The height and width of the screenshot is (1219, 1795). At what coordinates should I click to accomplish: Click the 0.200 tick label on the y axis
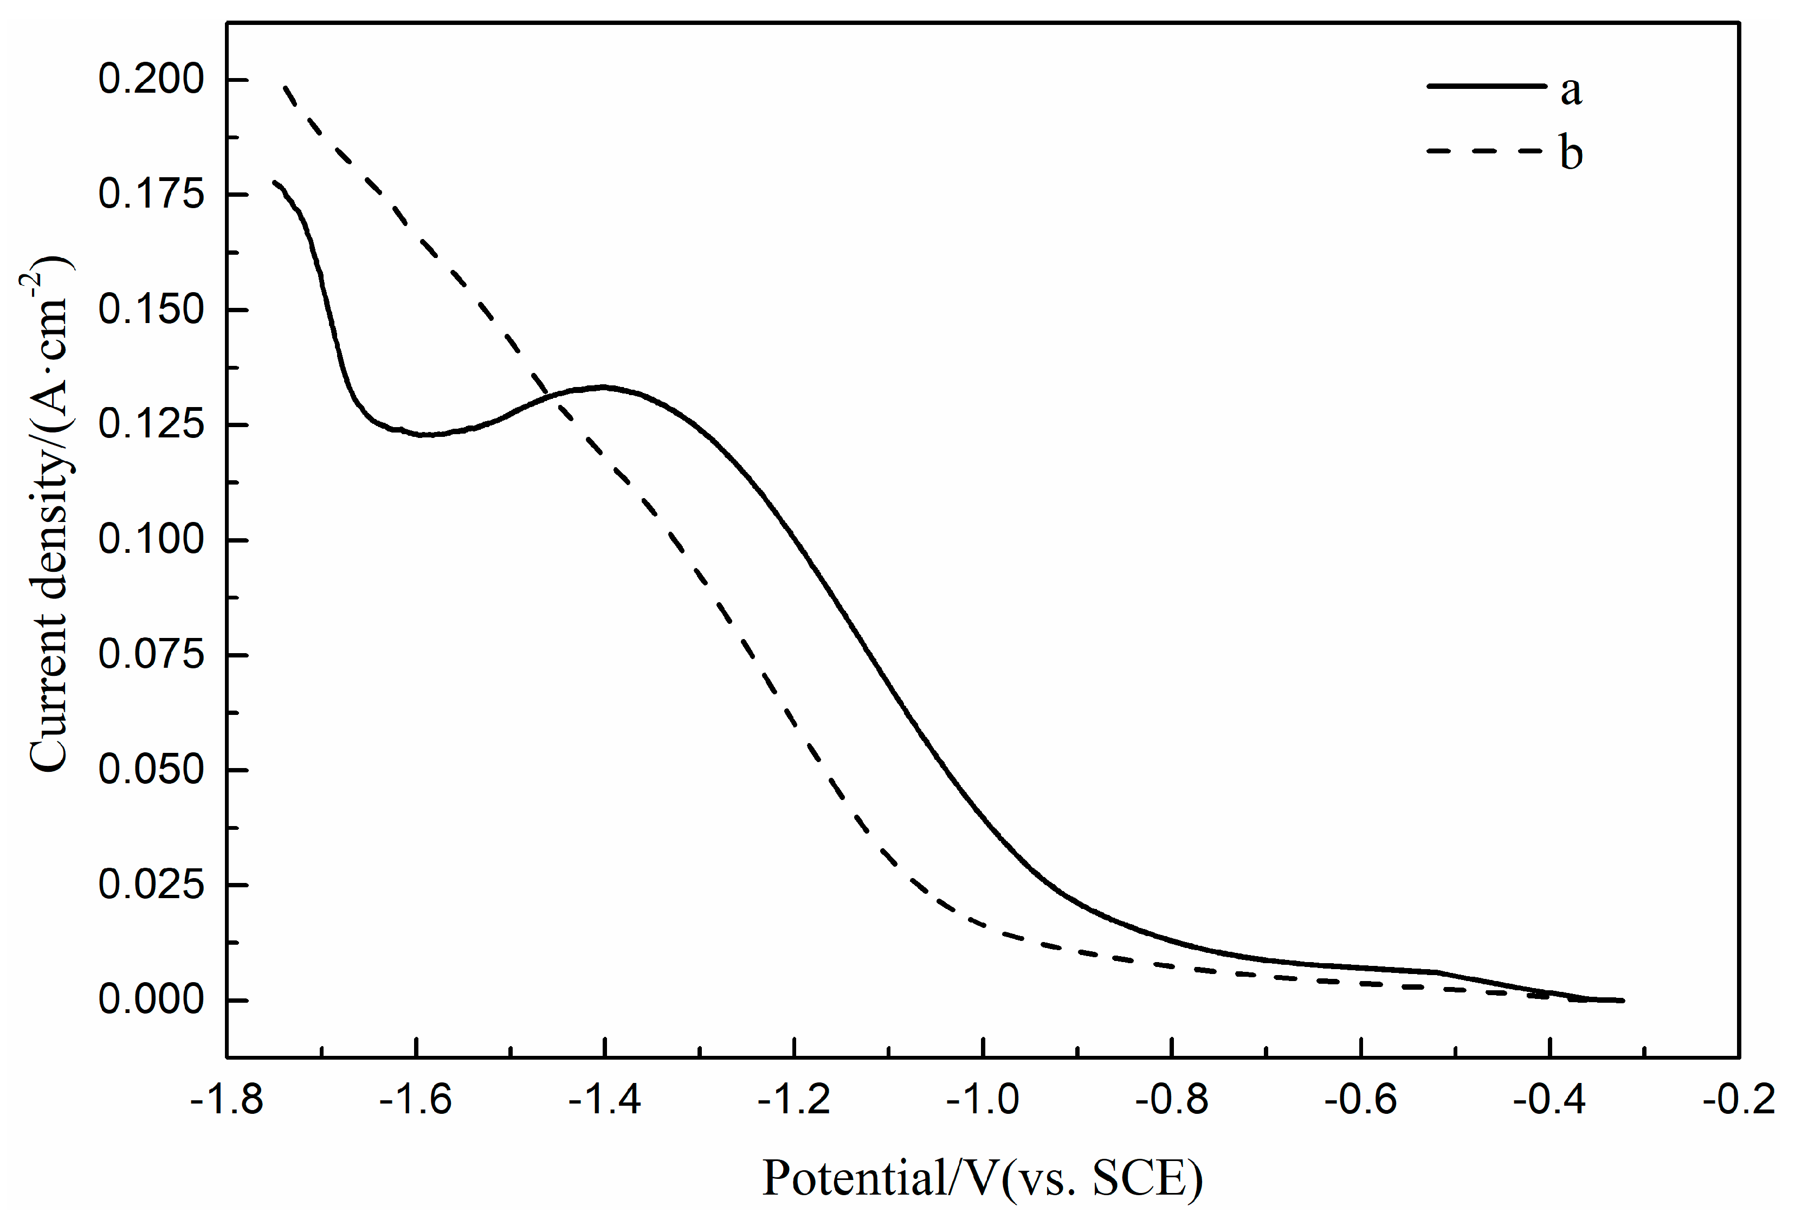pyautogui.click(x=151, y=80)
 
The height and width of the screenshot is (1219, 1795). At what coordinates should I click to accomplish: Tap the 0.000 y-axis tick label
pyautogui.click(x=151, y=999)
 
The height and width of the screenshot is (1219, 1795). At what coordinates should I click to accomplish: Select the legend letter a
pyautogui.click(x=1570, y=91)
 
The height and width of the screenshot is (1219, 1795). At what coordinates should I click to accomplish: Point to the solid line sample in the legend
pyautogui.click(x=1486, y=86)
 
